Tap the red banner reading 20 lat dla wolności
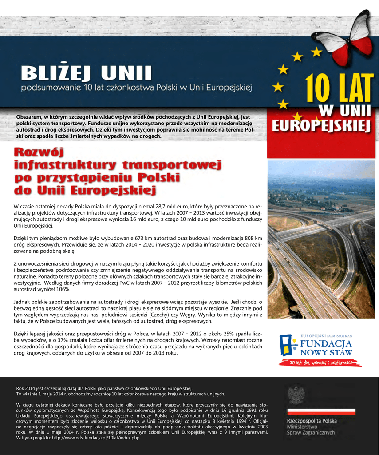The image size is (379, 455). tap(320, 363)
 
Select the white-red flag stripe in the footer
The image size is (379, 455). tap(321, 411)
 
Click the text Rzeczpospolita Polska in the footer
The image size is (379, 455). tap(312, 421)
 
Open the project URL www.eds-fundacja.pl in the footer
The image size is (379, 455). tap(95, 438)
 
